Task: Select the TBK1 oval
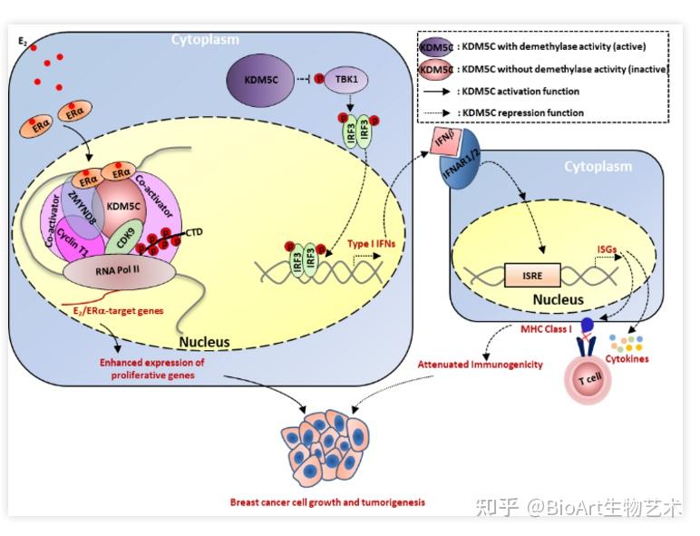[344, 79]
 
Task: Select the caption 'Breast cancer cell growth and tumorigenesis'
[327, 501]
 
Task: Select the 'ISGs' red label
[607, 246]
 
